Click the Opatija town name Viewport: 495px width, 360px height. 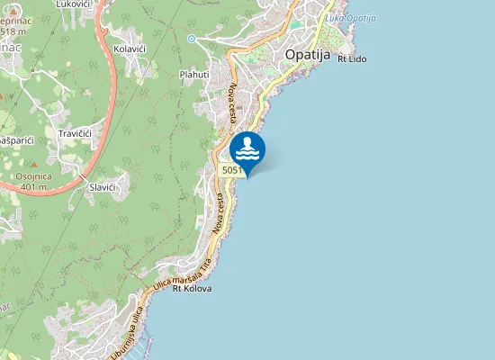tap(309, 54)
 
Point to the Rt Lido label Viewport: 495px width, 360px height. tap(352, 59)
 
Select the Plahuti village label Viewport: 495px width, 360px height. tap(193, 75)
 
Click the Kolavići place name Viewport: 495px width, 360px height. tap(131, 49)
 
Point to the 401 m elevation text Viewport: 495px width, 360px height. tap(33, 188)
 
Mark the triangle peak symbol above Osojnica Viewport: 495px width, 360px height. tap(34, 166)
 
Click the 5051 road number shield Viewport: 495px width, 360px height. tap(230, 170)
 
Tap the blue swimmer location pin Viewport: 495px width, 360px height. tap(247, 150)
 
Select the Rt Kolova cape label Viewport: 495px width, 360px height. tap(192, 289)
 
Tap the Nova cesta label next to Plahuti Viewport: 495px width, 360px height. tap(233, 103)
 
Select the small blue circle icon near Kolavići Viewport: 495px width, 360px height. tap(192, 39)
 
